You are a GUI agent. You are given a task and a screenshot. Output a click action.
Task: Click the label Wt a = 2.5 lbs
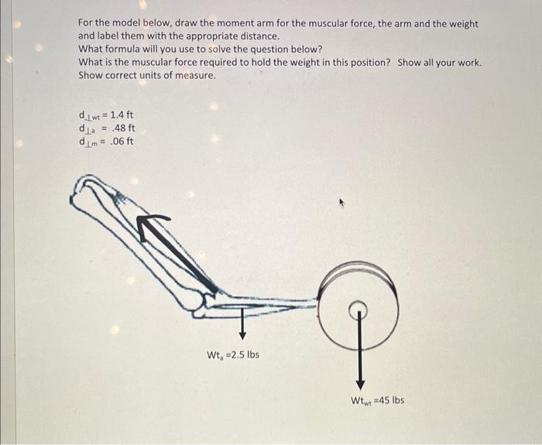232,355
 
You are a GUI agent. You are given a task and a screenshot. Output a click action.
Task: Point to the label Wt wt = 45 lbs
377,400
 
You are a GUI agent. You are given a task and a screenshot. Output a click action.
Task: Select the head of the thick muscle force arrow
145,224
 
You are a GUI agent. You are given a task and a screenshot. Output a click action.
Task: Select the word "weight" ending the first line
464,24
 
